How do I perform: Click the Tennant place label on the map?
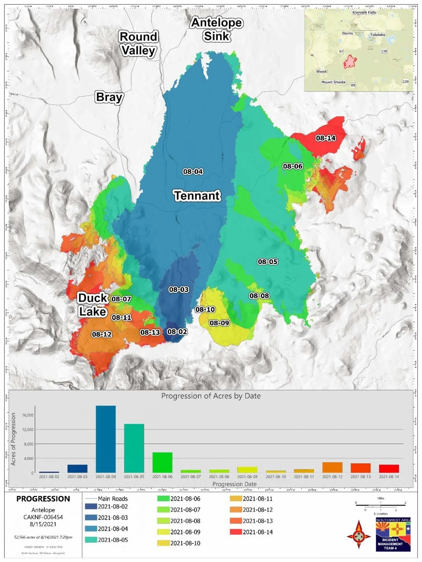pyautogui.click(x=197, y=196)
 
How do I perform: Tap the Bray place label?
pyautogui.click(x=109, y=97)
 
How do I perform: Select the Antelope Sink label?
pyautogui.click(x=217, y=30)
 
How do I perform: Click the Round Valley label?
pyautogui.click(x=138, y=44)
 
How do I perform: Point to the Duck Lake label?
pyautogui.click(x=92, y=305)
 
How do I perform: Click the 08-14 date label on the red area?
pyautogui.click(x=326, y=138)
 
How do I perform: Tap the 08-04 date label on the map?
pyautogui.click(x=193, y=171)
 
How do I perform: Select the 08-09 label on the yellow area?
pyautogui.click(x=219, y=323)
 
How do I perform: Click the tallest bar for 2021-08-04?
pyautogui.click(x=105, y=439)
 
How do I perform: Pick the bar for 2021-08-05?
pyautogui.click(x=134, y=448)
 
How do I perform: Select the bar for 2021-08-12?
pyautogui.click(x=332, y=468)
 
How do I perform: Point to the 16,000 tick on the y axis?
pyautogui.click(x=27, y=415)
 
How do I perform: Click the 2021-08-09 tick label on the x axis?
pyautogui.click(x=247, y=477)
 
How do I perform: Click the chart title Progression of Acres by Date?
pyautogui.click(x=211, y=396)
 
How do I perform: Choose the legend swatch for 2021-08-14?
pyautogui.click(x=236, y=532)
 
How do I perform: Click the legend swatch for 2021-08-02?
pyautogui.click(x=91, y=507)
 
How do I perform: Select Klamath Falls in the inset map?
pyautogui.click(x=364, y=13)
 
